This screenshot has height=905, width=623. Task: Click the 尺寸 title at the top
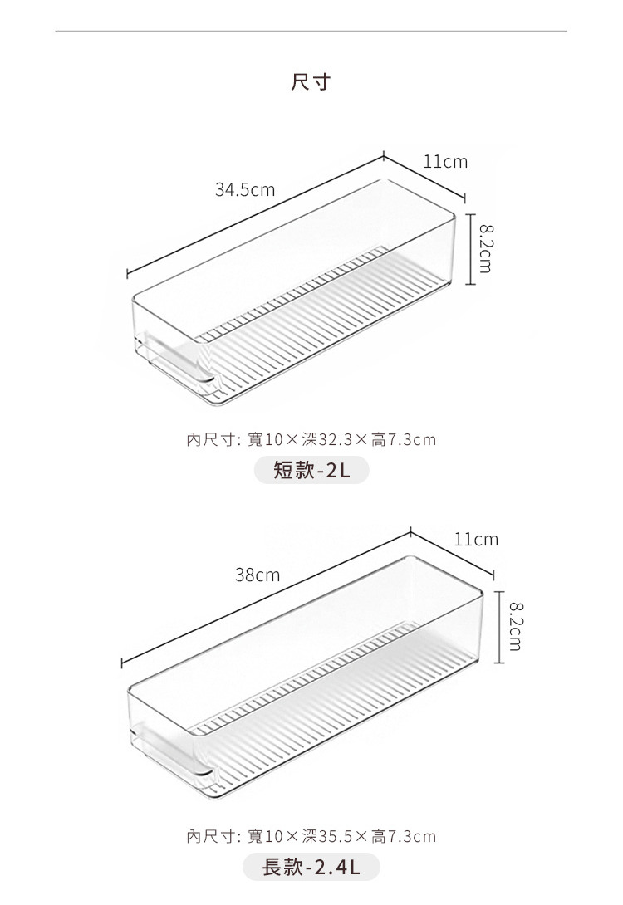click(311, 81)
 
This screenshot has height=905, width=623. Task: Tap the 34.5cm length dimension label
click(245, 190)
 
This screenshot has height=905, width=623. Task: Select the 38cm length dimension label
click(258, 575)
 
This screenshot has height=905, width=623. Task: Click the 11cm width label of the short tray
click(445, 162)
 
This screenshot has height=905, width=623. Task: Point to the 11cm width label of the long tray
click(476, 540)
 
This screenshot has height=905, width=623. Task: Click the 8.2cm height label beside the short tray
click(485, 249)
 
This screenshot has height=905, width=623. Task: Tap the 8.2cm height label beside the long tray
click(516, 626)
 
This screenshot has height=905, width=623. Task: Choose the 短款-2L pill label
click(311, 470)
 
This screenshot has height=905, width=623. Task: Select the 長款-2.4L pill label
click(311, 867)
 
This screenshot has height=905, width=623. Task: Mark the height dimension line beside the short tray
click(471, 249)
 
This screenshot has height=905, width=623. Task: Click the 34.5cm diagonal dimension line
click(255, 215)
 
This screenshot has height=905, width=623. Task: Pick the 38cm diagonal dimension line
click(266, 597)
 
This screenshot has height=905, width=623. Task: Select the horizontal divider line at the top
click(311, 31)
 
